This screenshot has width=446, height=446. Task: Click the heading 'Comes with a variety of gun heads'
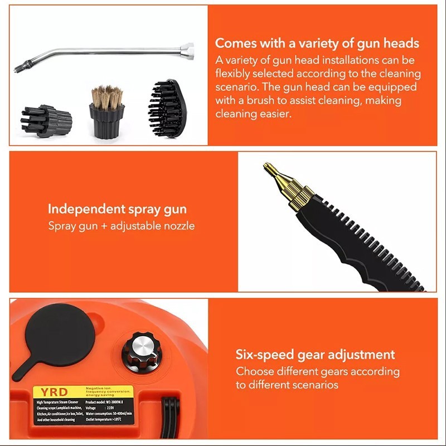pyautogui.click(x=317, y=43)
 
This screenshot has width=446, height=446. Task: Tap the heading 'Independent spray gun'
pyautogui.click(x=117, y=210)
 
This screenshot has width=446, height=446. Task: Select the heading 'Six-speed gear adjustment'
pyautogui.click(x=315, y=355)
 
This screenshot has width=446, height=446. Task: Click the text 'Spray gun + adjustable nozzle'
pyautogui.click(x=122, y=226)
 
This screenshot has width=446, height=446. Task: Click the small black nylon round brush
pyautogui.click(x=46, y=118)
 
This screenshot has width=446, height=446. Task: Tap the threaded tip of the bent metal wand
pyautogui.click(x=19, y=69)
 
